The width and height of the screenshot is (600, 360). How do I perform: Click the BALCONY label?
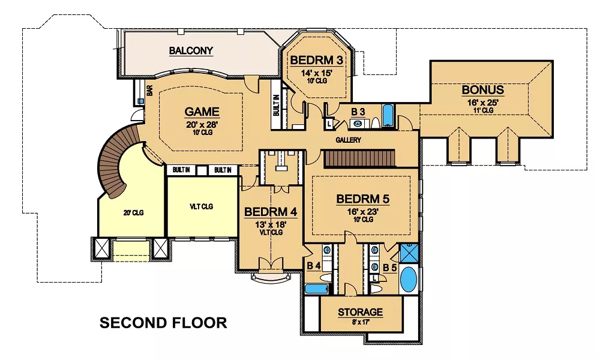point(191,50)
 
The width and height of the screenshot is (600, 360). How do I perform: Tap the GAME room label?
point(202,112)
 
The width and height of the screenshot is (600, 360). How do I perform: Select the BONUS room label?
point(483,90)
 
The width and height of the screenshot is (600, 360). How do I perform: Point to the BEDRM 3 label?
point(316,60)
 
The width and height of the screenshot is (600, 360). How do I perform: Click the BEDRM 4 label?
point(270,212)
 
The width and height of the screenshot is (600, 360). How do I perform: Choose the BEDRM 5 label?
point(363,199)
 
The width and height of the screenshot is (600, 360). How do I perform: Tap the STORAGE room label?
point(360,312)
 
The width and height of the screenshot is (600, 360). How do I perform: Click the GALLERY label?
point(348,140)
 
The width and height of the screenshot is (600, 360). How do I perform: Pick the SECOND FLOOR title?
point(163,323)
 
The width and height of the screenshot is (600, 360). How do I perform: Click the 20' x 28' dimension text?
point(202,125)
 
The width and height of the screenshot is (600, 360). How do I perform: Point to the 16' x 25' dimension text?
point(483,103)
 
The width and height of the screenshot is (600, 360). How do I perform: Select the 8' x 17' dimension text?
point(360,322)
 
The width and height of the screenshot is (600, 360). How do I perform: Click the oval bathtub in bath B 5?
point(408,280)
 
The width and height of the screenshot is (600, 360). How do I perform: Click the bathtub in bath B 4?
point(317,289)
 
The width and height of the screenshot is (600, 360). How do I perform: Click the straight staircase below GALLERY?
point(360,159)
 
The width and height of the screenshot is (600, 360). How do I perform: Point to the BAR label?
point(149,90)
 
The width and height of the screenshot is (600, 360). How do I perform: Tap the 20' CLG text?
point(133,213)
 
